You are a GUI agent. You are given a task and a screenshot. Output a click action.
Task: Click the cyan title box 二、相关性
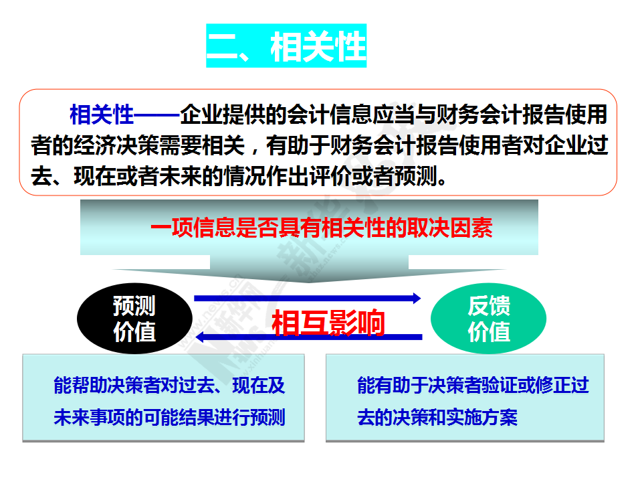coord(286,46)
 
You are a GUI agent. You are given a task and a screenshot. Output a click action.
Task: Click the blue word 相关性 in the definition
coord(102,114)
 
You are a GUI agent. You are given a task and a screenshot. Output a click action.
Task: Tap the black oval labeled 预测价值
coord(134,319)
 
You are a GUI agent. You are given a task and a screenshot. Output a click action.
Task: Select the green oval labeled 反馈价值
coord(488,319)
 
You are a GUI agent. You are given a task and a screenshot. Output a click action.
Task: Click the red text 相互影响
coord(328,323)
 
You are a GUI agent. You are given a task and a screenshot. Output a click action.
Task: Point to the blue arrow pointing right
coord(308,298)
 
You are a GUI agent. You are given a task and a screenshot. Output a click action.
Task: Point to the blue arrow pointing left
coord(309,337)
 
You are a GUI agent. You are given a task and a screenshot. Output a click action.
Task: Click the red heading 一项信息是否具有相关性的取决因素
coord(322,228)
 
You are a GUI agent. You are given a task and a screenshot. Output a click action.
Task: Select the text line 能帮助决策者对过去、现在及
coord(169,386)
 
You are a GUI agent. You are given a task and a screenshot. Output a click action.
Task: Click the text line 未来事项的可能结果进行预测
coord(169,417)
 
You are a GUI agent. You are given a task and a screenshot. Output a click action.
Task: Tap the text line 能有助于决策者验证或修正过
coord(473,386)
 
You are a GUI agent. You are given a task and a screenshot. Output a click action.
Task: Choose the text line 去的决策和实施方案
coord(437,417)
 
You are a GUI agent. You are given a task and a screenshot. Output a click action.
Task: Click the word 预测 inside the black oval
coord(134,306)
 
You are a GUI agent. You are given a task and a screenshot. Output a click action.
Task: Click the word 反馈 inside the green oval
coord(489,306)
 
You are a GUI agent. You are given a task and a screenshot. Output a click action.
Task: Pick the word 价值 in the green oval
coord(489,331)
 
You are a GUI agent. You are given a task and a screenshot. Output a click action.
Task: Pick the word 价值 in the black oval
coord(134,331)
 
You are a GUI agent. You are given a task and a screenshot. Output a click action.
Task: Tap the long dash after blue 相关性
coord(156,115)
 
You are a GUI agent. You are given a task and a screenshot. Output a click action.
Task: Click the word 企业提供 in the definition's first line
coord(222,114)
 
